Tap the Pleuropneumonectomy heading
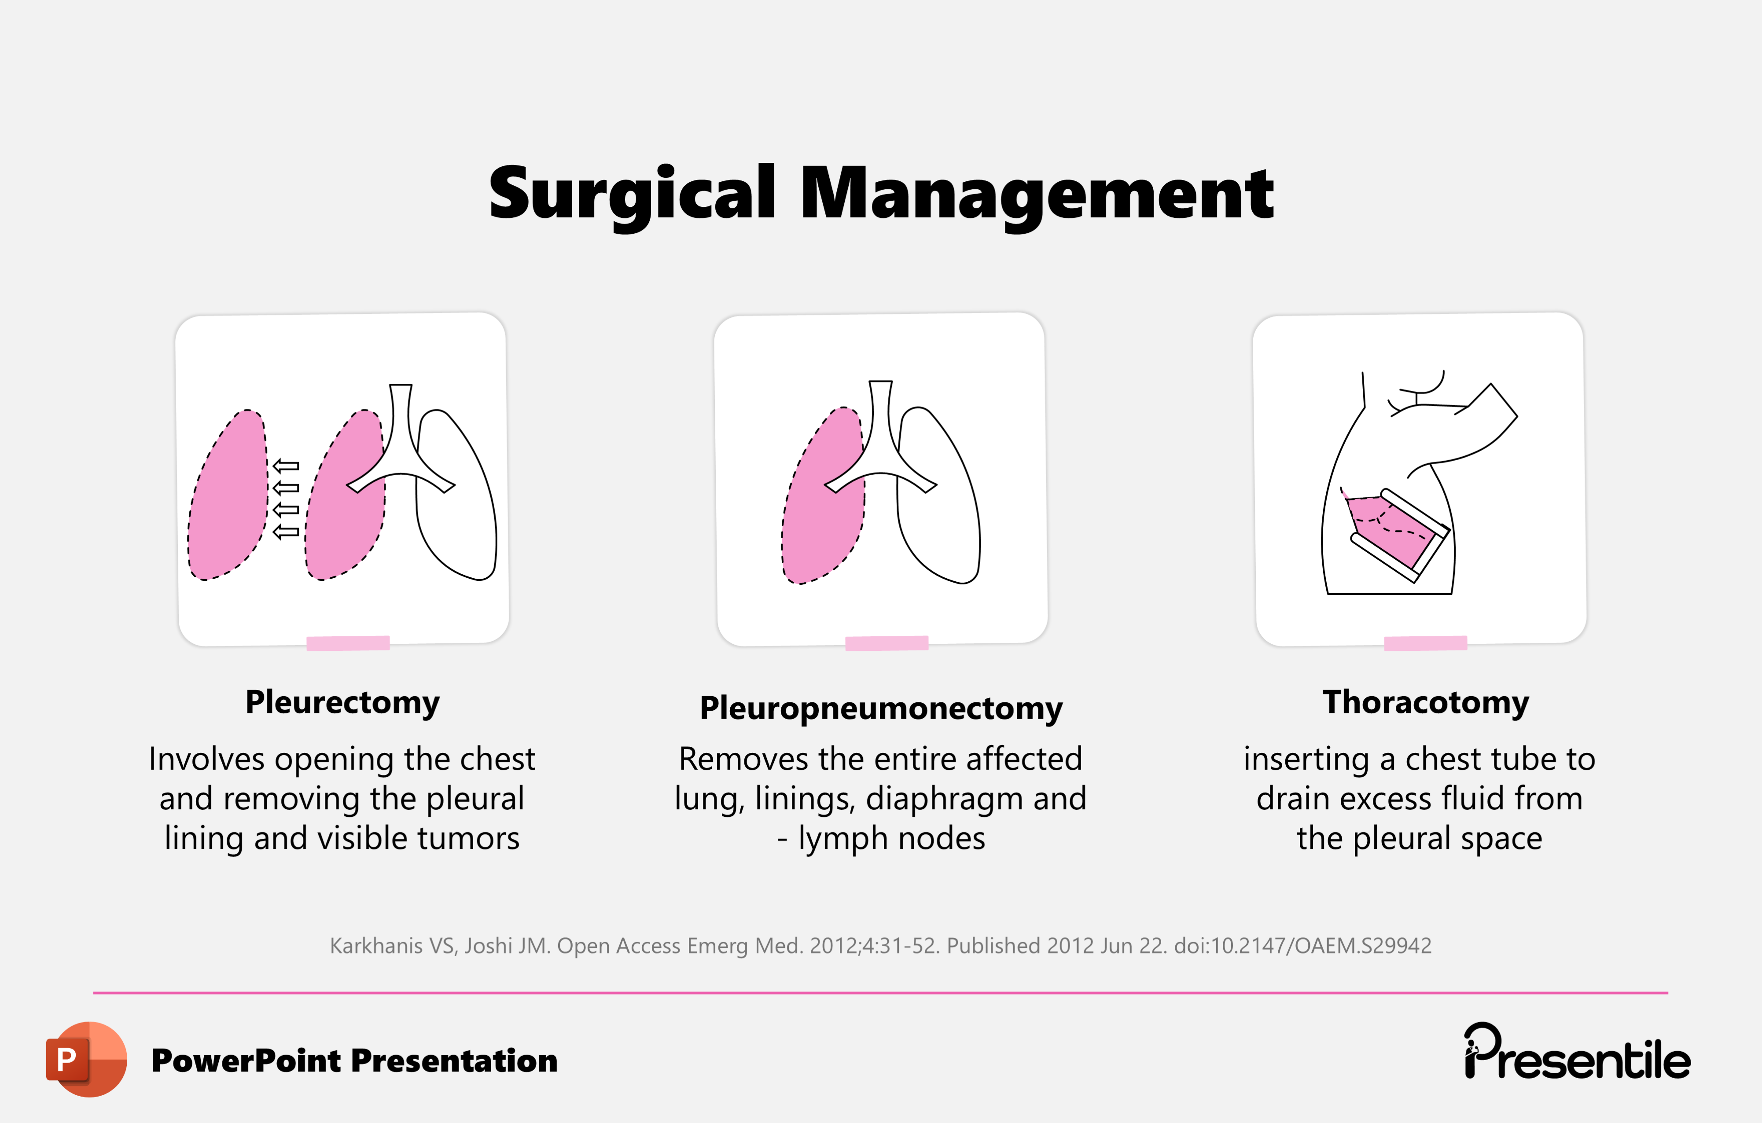pyautogui.click(x=881, y=708)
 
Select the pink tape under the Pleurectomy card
pyautogui.click(x=348, y=643)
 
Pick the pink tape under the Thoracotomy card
pyautogui.click(x=1425, y=643)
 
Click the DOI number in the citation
pyautogui.click(x=1302, y=946)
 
